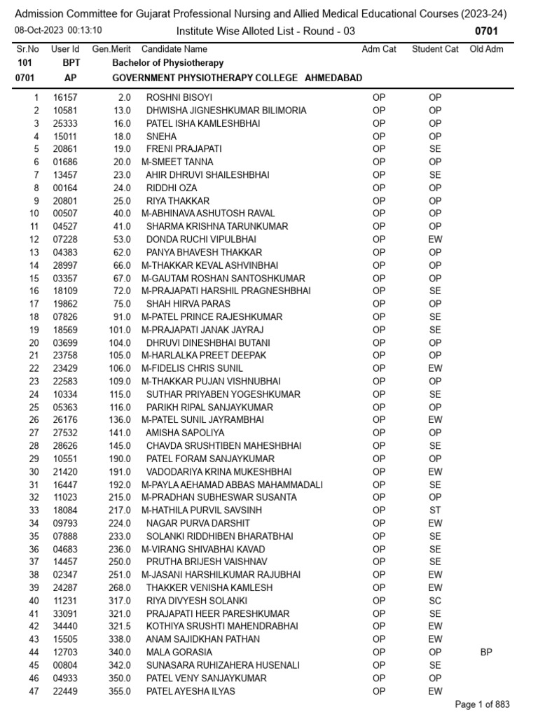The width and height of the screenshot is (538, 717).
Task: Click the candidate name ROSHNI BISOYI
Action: click(179, 97)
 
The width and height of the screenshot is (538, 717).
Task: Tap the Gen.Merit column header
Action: click(111, 49)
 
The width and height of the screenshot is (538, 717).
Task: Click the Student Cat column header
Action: click(435, 49)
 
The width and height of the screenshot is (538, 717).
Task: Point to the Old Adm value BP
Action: click(486, 652)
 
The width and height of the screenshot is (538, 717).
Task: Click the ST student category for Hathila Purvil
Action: click(435, 510)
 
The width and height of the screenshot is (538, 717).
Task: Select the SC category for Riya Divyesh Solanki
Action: click(435, 601)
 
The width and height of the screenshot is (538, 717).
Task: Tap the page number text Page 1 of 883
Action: click(483, 704)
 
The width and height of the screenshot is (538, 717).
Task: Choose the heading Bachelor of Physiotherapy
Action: click(168, 63)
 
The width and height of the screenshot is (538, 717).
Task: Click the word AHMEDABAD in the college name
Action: click(333, 78)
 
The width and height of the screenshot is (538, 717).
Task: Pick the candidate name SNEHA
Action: click(161, 137)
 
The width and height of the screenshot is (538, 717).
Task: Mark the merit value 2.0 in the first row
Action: click(125, 97)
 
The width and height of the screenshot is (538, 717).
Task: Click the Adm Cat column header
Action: click(379, 49)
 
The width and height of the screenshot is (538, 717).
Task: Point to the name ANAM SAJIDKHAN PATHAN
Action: click(202, 639)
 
